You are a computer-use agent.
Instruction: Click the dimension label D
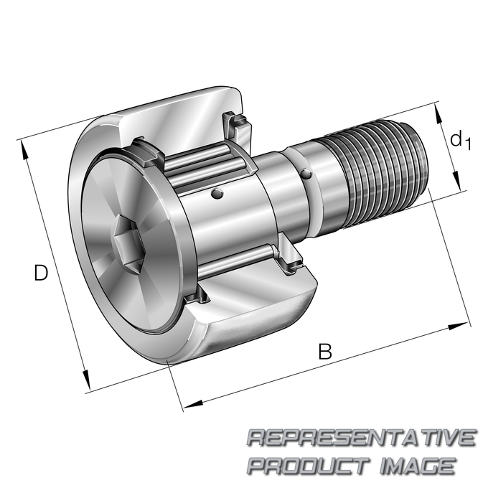coord(41,272)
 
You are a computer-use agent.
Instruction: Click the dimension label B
coord(325,351)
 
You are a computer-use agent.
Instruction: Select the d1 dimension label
coord(461,140)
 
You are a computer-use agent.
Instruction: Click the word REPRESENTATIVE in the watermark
coord(362,438)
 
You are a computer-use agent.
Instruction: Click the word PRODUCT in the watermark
coord(309,466)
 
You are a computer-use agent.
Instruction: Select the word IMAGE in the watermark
coord(418,466)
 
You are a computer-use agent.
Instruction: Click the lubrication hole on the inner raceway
coord(217,193)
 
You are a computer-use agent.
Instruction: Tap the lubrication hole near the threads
coord(306,174)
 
